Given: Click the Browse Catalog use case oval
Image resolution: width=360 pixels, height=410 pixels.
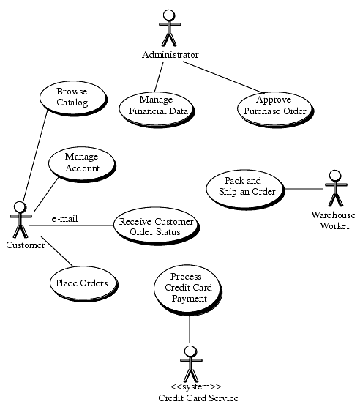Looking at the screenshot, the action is point(73,98).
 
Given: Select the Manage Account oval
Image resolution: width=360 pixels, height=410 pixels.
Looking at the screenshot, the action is point(82,164).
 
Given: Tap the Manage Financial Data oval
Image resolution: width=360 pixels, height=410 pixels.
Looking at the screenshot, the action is point(157,108).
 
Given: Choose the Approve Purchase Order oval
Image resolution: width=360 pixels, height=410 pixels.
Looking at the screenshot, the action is point(275,108).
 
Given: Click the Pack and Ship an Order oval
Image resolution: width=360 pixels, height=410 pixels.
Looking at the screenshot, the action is point(245,189).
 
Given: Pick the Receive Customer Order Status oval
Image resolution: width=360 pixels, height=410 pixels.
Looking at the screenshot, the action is point(157,226).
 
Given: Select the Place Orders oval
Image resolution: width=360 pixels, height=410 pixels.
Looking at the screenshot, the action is point(83,284).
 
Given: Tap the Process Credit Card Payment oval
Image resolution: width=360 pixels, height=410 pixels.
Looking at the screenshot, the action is point(188,291).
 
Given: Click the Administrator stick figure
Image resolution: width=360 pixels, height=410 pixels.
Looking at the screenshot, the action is point(170,28).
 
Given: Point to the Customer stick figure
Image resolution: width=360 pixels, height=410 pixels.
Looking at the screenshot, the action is point(20,220).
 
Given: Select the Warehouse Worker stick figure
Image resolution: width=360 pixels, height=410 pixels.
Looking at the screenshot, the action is point(336,188).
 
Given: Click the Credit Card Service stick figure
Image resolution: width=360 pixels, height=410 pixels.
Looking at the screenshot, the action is point(191,364).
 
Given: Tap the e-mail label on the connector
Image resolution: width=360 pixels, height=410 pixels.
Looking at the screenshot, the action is point(65,219).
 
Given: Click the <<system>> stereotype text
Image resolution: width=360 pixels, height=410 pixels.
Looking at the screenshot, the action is point(195,387).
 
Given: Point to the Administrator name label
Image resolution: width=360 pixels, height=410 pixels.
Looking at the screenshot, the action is point(170,55).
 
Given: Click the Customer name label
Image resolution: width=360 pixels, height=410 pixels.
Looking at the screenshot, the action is point(26,245).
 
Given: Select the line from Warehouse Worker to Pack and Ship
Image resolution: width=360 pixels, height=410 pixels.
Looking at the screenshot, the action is point(304,189).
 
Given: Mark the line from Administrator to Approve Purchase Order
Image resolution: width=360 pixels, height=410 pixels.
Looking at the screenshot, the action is point(222,77).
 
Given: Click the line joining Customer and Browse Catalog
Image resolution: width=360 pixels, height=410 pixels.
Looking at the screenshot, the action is point(35,155).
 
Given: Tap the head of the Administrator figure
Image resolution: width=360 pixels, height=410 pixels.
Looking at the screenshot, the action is point(169,15).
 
